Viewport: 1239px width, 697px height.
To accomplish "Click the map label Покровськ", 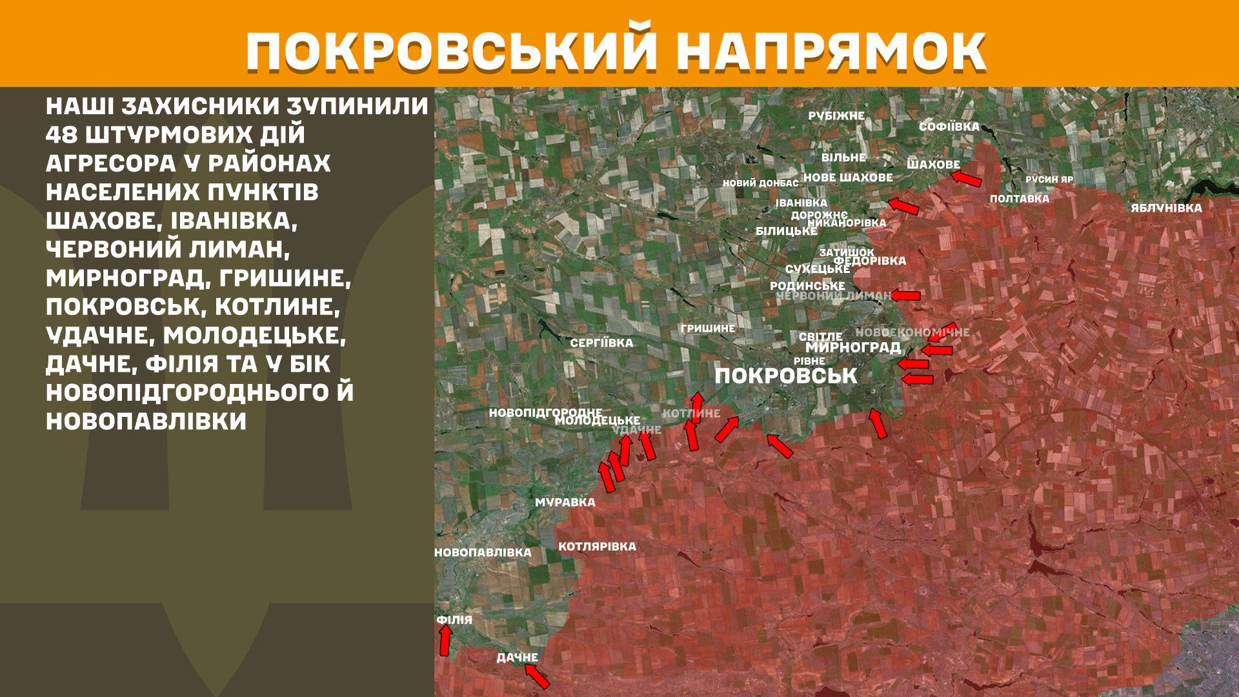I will coord(785,376).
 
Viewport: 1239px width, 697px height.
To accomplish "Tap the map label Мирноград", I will coord(852,347).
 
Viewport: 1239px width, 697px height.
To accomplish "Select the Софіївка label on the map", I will coord(949,126).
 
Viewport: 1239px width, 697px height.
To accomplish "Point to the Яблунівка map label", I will coord(1165,208).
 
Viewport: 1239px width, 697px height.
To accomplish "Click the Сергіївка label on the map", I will coord(601,343).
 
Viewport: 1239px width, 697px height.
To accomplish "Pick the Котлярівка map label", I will coord(597,547).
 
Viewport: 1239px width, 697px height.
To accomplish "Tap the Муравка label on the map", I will coord(565,502).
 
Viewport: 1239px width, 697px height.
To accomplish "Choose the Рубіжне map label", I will coord(836,116).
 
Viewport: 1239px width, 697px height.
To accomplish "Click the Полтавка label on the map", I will coord(1019,199).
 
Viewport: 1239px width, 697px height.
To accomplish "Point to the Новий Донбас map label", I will coord(760,183).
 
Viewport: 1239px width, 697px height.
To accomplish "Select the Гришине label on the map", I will coord(707,328).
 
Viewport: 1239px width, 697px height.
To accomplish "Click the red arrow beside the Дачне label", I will coord(537,676).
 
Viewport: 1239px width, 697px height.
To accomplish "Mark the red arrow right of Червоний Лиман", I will coord(905,296).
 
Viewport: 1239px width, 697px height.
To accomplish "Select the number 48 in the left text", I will coord(61,135).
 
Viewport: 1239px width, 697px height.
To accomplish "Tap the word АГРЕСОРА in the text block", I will coord(110,163).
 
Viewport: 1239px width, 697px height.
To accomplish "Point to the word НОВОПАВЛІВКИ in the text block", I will coord(146,421).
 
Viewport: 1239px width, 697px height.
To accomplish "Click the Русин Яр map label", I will coord(1049,179).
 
